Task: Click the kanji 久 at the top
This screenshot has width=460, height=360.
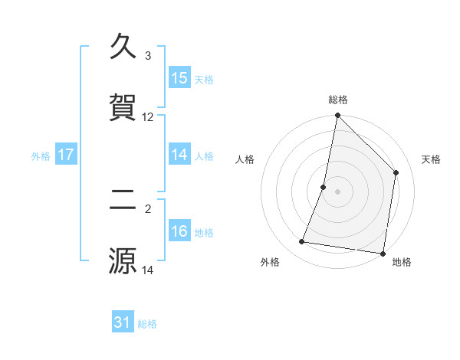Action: tap(123, 47)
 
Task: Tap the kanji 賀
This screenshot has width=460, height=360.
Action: tap(123, 108)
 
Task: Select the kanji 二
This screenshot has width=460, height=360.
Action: tap(123, 200)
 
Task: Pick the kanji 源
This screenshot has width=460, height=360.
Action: tap(123, 260)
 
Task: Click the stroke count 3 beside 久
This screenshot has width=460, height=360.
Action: tap(148, 56)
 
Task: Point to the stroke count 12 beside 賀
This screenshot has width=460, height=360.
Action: tap(148, 117)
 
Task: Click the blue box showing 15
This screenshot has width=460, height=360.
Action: tap(179, 78)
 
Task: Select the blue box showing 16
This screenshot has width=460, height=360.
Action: tap(179, 231)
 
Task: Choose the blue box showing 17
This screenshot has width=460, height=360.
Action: tap(66, 155)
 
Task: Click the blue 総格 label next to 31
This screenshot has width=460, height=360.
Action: tap(147, 324)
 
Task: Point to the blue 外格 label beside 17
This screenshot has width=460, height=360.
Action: tap(41, 155)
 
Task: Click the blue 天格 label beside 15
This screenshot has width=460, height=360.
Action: tap(204, 79)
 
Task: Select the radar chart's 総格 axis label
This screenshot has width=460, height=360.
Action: tap(338, 100)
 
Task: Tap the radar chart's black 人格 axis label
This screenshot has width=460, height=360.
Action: tap(245, 159)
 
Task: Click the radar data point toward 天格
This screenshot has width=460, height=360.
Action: tap(396, 172)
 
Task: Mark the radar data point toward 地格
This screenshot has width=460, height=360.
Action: tap(383, 254)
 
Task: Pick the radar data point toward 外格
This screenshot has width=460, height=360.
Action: tap(302, 242)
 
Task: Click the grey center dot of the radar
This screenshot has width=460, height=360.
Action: tap(338, 191)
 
